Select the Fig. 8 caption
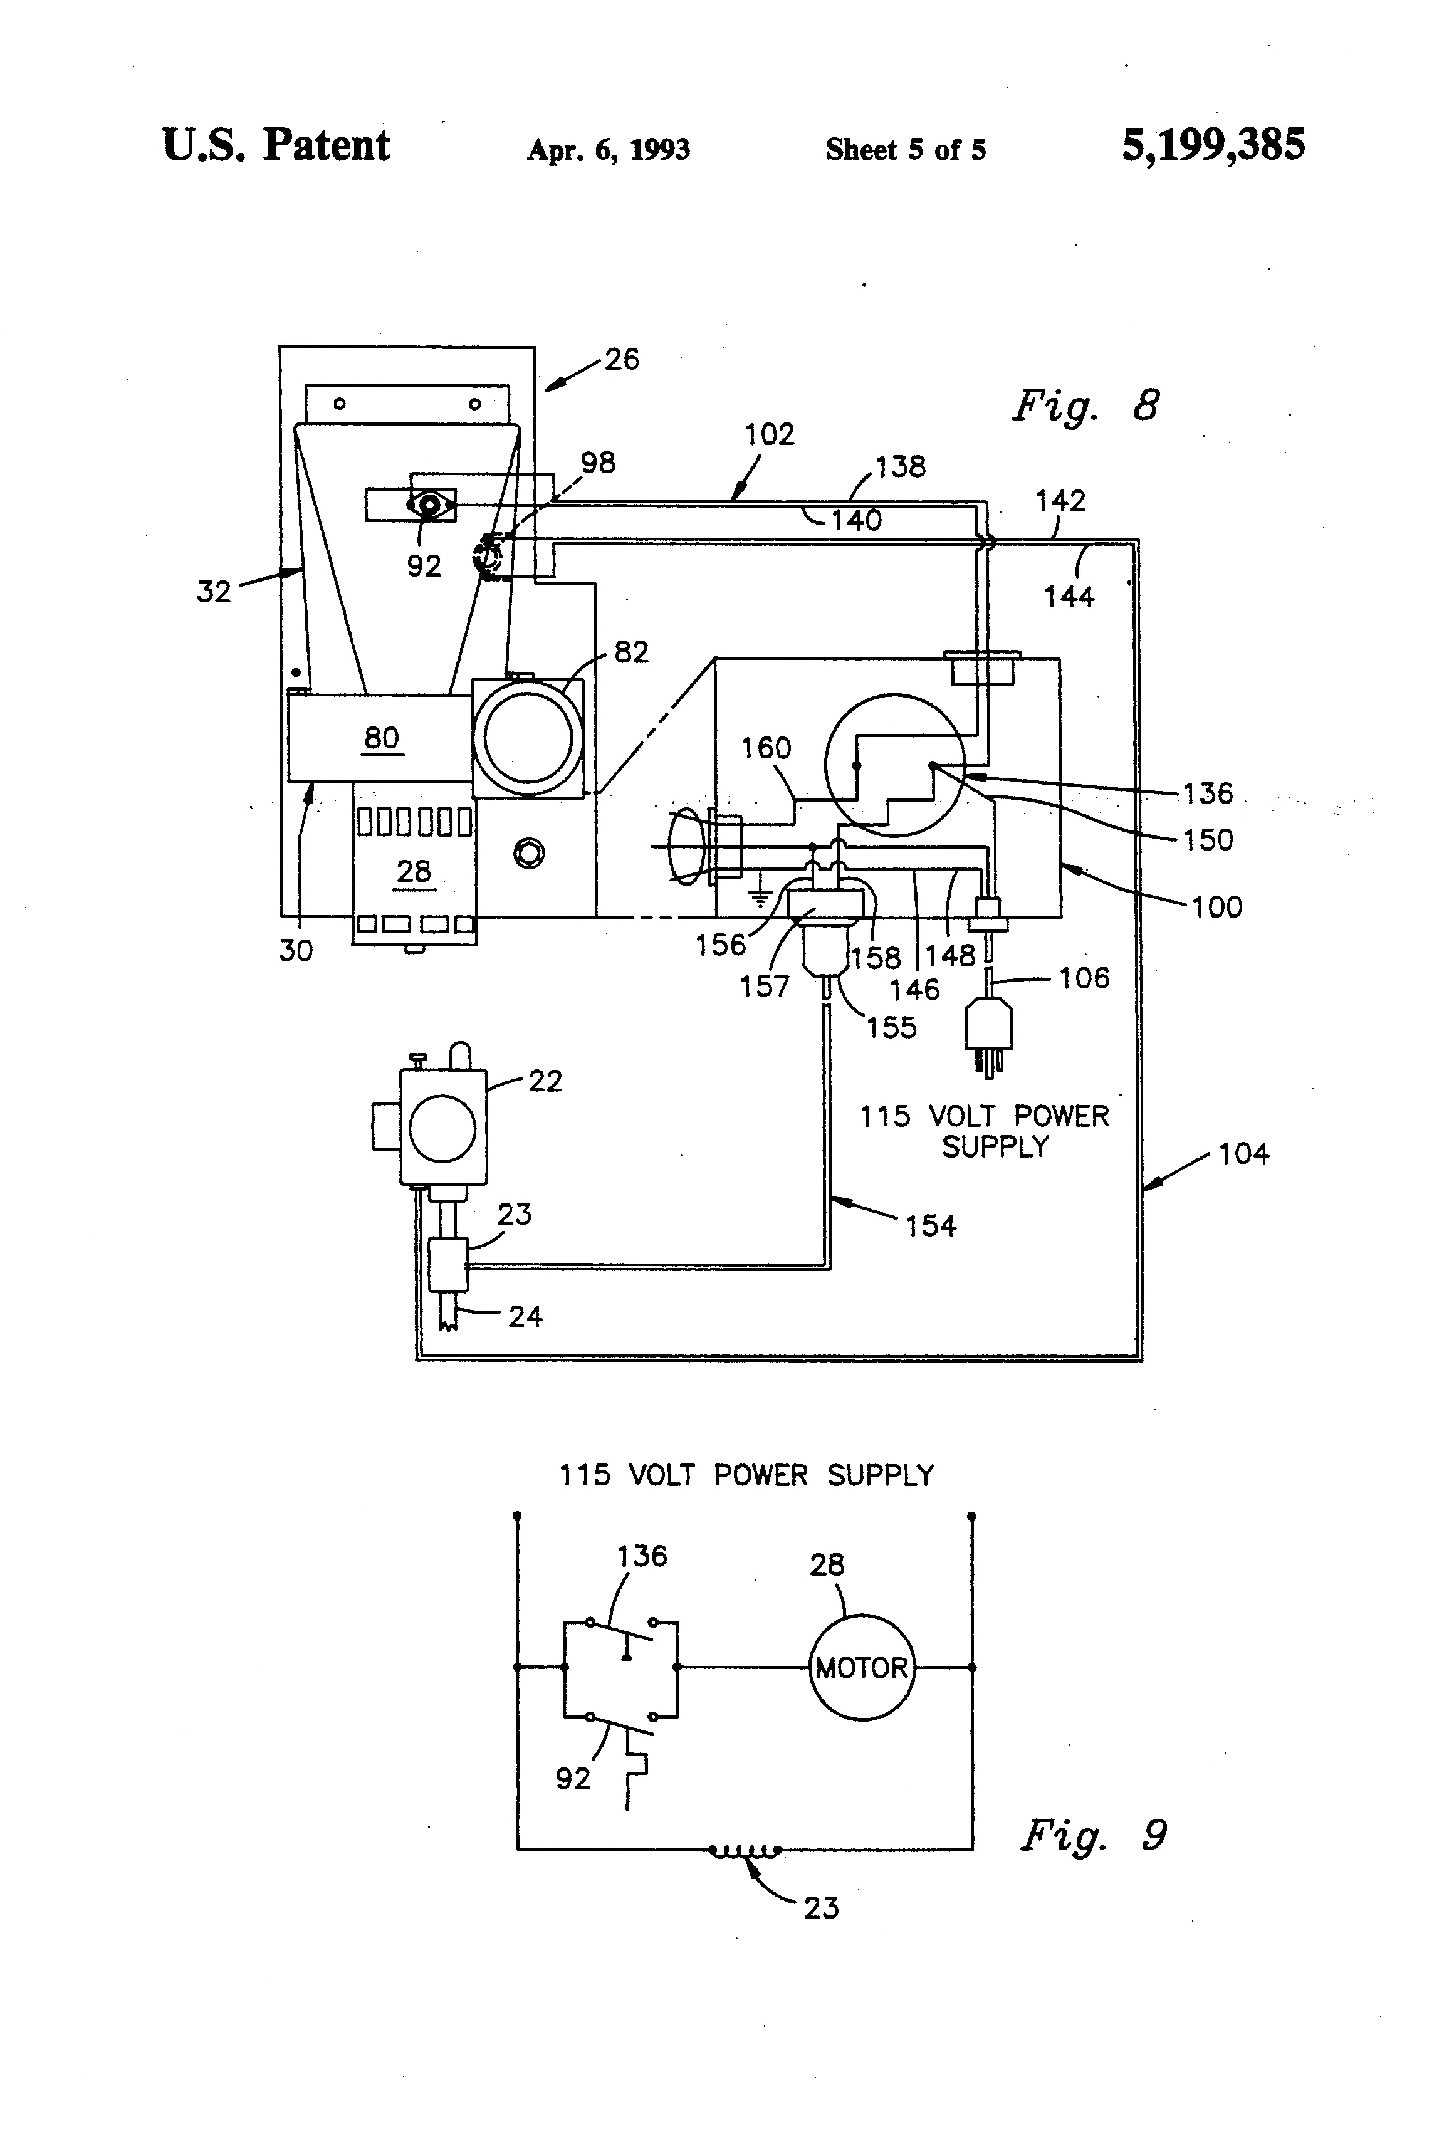pyautogui.click(x=1085, y=406)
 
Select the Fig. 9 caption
pyautogui.click(x=1094, y=1835)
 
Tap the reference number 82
pyautogui.click(x=630, y=652)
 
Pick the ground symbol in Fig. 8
pyautogui.click(x=759, y=896)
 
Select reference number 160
pyautogui.click(x=766, y=748)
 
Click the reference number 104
pyautogui.click(x=1243, y=1153)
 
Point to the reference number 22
pyautogui.click(x=545, y=1081)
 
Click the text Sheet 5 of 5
pyautogui.click(x=906, y=150)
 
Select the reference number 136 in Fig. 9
pyautogui.click(x=642, y=1556)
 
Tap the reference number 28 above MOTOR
pyautogui.click(x=826, y=1564)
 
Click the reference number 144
pyautogui.click(x=1069, y=597)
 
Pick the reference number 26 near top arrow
pyautogui.click(x=621, y=359)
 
